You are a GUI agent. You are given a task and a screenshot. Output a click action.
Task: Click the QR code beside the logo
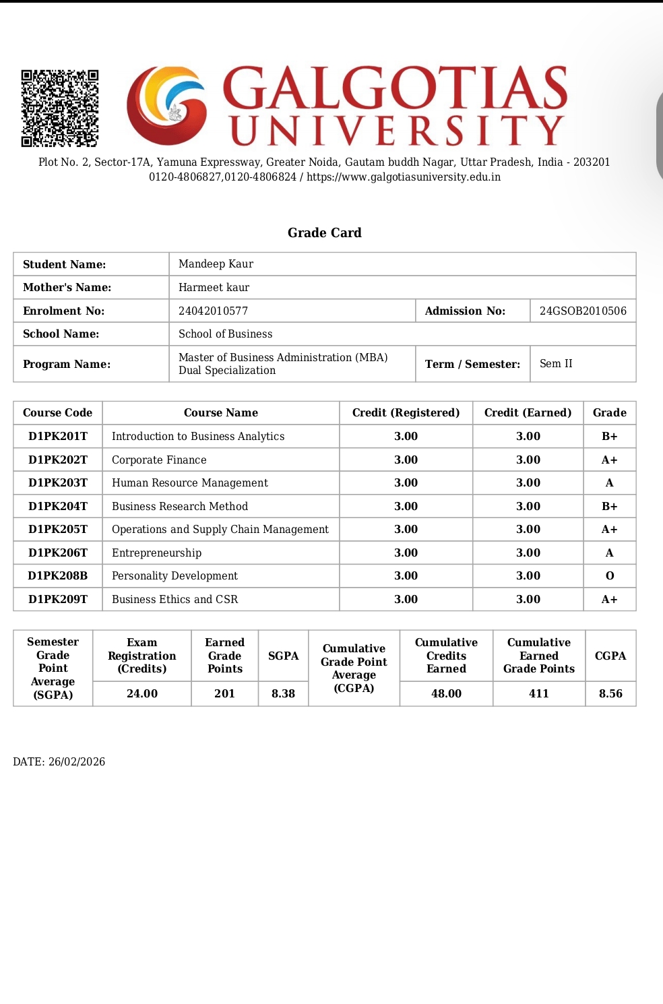pyautogui.click(x=59, y=108)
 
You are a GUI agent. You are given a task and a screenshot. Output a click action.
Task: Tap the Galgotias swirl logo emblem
pyautogui.click(x=167, y=105)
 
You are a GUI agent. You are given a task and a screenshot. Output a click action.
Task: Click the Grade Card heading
pyautogui.click(x=324, y=232)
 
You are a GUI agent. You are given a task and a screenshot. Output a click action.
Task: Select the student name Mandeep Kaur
pyautogui.click(x=216, y=264)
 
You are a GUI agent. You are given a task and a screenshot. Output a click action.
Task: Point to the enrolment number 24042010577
pyautogui.click(x=213, y=311)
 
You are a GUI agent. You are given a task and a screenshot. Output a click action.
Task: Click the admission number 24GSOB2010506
pyautogui.click(x=583, y=311)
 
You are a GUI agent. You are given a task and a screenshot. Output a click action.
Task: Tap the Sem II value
pyautogui.click(x=556, y=364)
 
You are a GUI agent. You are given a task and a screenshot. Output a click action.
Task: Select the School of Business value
pyautogui.click(x=225, y=334)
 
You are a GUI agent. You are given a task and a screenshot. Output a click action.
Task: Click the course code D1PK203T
pyautogui.click(x=58, y=482)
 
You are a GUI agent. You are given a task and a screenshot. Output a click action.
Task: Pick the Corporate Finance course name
pyautogui.click(x=159, y=460)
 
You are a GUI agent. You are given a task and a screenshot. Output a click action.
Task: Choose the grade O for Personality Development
pyautogui.click(x=609, y=575)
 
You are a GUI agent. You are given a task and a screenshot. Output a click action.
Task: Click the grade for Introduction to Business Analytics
pyautogui.click(x=609, y=436)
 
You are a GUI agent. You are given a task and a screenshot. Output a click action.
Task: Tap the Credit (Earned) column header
pyautogui.click(x=528, y=412)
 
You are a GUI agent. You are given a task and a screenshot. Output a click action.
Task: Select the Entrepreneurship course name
pyautogui.click(x=156, y=553)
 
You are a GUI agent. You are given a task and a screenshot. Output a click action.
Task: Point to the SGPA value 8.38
pyautogui.click(x=283, y=693)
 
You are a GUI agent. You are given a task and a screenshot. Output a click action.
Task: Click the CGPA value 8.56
pyautogui.click(x=610, y=693)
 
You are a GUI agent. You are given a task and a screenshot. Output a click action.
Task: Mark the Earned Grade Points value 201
pyautogui.click(x=224, y=693)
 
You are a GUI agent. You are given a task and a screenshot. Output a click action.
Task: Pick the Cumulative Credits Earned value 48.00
pyautogui.click(x=446, y=693)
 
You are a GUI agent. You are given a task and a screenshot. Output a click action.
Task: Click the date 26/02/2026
pyautogui.click(x=77, y=761)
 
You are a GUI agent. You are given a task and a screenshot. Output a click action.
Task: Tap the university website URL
pyautogui.click(x=404, y=177)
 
